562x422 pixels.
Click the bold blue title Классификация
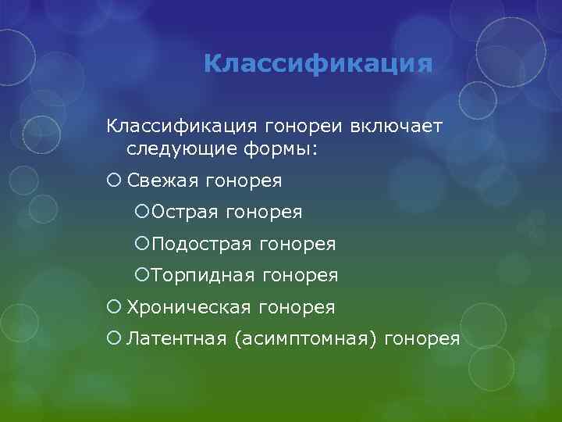click(x=317, y=63)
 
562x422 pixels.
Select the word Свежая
click(x=162, y=181)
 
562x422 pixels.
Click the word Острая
click(x=185, y=213)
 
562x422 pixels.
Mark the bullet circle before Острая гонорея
click(x=142, y=213)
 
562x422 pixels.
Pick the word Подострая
click(x=202, y=245)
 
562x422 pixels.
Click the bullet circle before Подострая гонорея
click(x=142, y=245)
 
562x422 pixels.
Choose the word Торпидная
click(x=203, y=276)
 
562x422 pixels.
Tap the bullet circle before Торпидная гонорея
click(x=142, y=276)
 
